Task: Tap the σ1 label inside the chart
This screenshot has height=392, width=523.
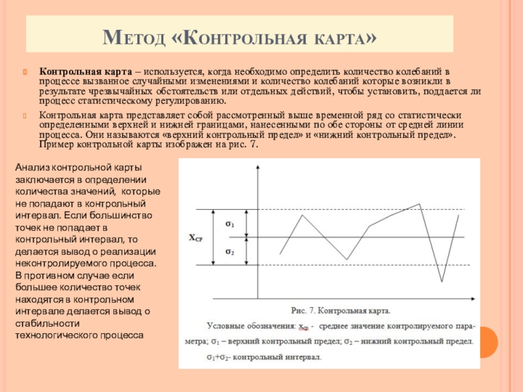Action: [x=230, y=224]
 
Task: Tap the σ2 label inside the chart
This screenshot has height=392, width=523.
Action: [x=230, y=252]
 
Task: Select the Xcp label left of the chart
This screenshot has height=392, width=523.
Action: [x=196, y=239]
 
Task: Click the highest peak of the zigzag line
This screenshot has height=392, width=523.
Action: [x=420, y=204]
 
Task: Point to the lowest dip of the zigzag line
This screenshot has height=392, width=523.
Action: [x=443, y=282]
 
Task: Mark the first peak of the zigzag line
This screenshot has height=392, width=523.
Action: [x=302, y=215]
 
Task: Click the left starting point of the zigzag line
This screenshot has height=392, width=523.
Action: [x=280, y=253]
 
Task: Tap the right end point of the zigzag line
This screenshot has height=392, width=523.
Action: [x=458, y=215]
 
